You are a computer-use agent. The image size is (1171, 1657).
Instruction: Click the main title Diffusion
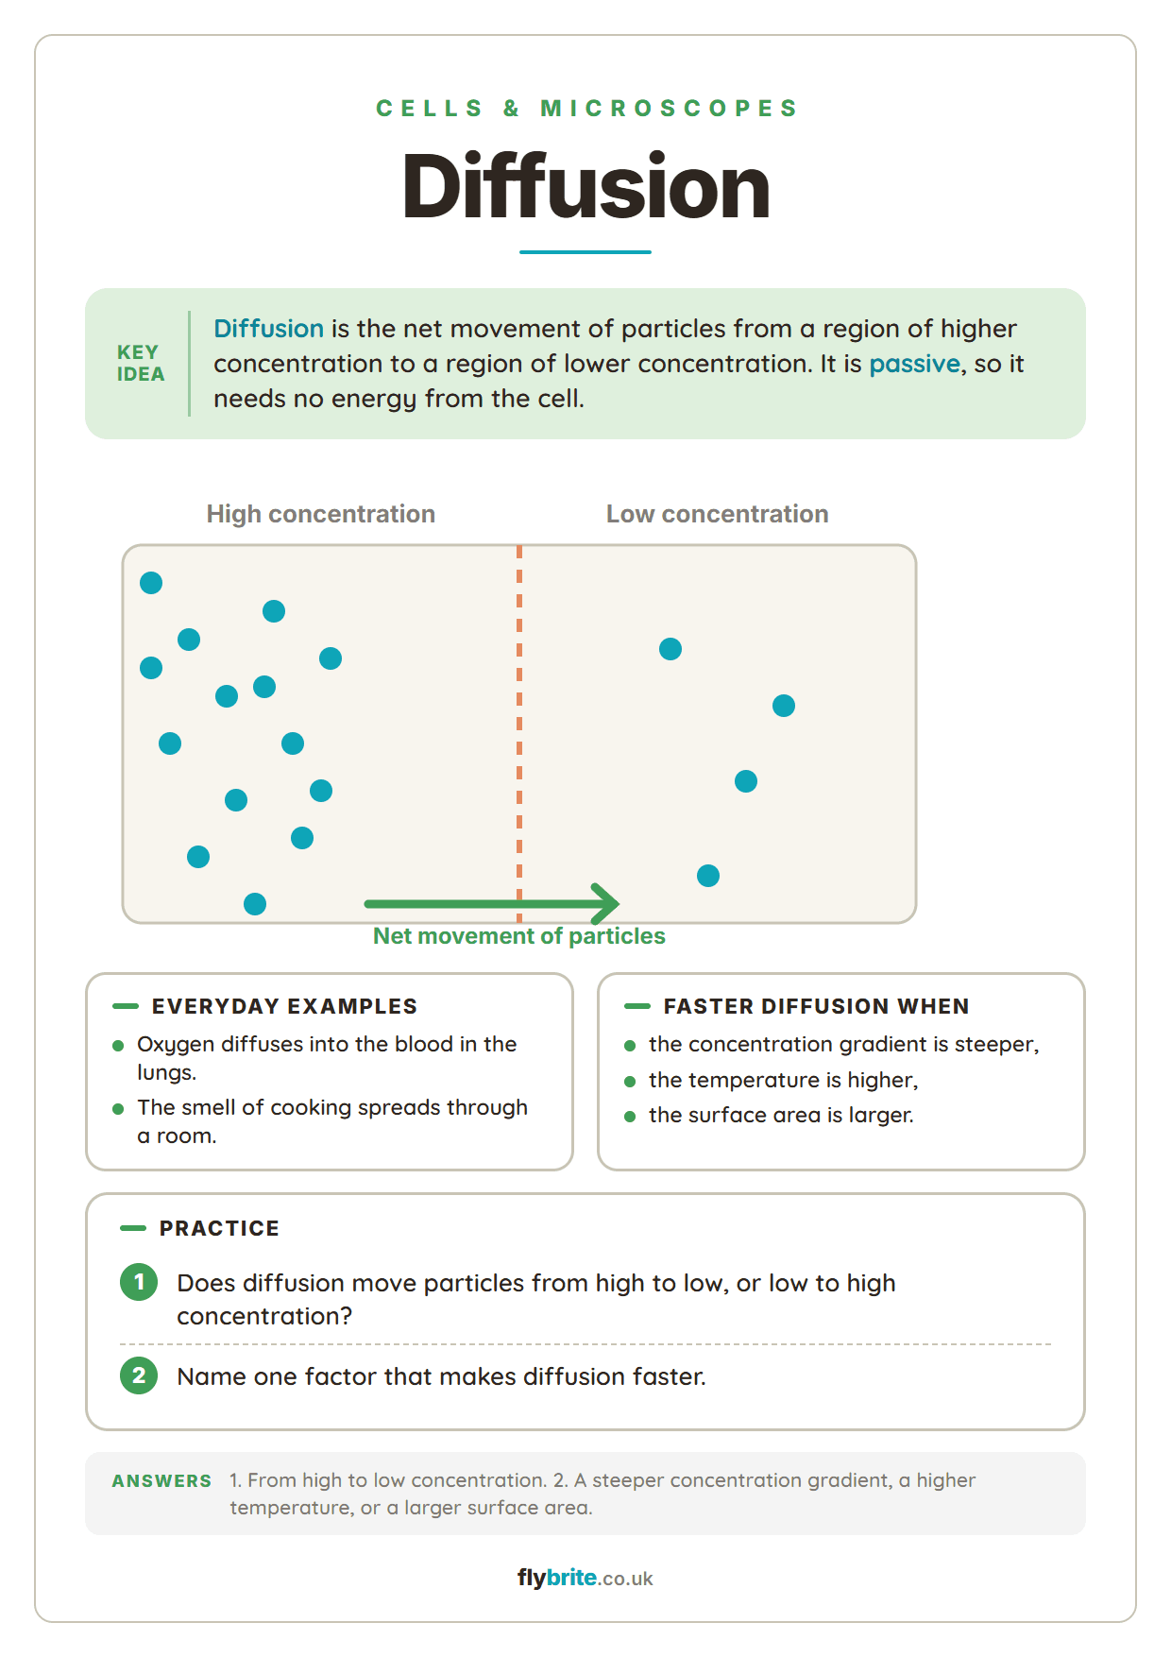point(585,187)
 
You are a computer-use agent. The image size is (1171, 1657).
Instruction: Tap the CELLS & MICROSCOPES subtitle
point(586,109)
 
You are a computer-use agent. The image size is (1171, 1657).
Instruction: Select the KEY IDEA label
point(141,363)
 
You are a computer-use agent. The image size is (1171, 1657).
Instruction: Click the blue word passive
point(914,364)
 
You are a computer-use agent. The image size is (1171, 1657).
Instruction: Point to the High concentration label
point(321,514)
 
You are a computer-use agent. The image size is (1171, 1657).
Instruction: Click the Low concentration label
point(718,514)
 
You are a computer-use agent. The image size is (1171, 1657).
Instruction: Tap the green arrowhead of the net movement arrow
point(605,904)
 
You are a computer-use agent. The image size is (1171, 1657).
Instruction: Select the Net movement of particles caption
point(519,936)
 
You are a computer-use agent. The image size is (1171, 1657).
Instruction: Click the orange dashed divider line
point(519,733)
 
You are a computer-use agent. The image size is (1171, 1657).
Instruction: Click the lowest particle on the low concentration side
point(708,876)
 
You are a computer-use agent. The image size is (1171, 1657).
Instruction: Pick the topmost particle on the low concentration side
point(670,649)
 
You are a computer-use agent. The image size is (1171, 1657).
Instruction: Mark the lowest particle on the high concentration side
point(255,904)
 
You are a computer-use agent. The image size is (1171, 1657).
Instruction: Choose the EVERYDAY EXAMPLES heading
point(284,1006)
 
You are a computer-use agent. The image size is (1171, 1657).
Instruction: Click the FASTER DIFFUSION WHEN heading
point(817,1006)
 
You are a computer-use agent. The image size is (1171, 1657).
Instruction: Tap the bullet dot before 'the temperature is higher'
point(630,1081)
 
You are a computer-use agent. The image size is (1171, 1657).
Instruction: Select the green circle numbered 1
point(139,1282)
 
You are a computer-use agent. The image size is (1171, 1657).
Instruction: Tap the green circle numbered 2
point(139,1375)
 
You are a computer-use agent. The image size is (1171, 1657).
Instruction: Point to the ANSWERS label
point(161,1481)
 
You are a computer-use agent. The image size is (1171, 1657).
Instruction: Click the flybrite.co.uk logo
point(585,1578)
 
